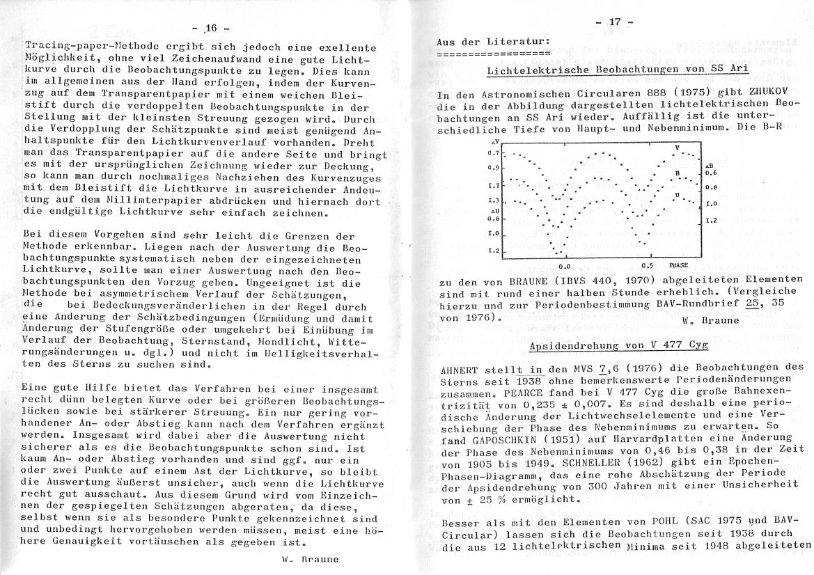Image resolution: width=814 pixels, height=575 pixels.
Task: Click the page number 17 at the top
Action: tap(616, 22)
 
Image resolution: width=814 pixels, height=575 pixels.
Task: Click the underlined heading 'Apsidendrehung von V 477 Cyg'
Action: tap(619, 345)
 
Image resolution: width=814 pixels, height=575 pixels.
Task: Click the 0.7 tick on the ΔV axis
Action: tap(494, 153)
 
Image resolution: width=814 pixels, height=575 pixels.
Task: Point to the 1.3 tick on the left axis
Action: tap(494, 201)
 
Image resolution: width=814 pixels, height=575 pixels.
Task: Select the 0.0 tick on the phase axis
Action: tap(565, 266)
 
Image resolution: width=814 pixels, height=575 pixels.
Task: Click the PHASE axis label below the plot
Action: tap(678, 265)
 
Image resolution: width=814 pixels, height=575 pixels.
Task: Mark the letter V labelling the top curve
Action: tap(676, 148)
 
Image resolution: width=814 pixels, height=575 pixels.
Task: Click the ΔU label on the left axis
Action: tap(494, 210)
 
